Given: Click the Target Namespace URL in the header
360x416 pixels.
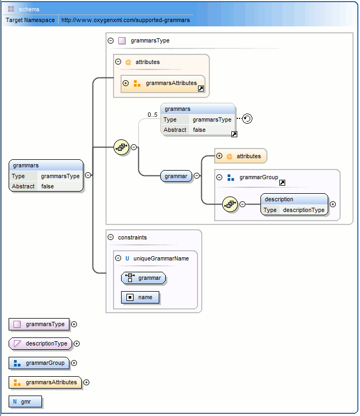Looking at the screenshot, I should (125, 20).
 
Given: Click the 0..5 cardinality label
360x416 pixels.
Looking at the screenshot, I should (152, 115).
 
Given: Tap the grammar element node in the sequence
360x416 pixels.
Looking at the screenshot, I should (176, 175).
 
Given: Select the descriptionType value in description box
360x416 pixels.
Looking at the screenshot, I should (303, 210).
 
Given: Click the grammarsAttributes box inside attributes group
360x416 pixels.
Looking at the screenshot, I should (167, 83).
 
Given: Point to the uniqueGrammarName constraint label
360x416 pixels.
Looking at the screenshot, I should (161, 258).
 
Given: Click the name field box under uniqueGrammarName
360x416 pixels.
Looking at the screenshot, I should (140, 297).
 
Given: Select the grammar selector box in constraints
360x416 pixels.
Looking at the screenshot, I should (144, 278).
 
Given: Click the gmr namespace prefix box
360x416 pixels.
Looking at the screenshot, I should (25, 401).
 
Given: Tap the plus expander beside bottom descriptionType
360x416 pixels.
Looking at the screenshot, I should (76, 343).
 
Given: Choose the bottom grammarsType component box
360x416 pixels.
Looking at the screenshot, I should (39, 324).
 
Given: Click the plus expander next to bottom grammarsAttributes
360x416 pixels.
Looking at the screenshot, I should (86, 382).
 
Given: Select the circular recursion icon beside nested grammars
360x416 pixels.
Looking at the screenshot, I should (247, 119).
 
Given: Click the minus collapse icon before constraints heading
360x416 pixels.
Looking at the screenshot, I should (110, 237).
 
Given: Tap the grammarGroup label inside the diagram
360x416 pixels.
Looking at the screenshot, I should (257, 177).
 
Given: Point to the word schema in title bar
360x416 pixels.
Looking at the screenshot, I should (29, 9).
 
